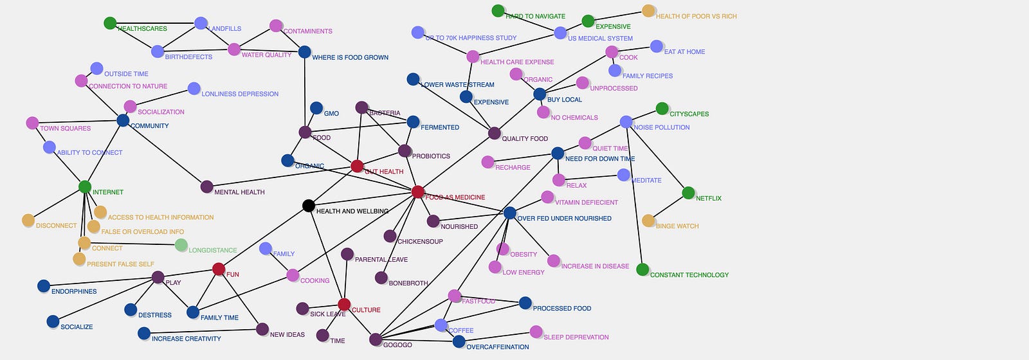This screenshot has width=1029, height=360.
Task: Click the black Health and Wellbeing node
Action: click(x=309, y=206)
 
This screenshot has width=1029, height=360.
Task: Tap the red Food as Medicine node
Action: click(x=418, y=192)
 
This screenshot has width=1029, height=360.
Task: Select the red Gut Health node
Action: click(x=358, y=166)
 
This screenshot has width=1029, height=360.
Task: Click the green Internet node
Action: click(x=85, y=187)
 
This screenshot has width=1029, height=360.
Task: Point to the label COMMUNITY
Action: click(x=149, y=126)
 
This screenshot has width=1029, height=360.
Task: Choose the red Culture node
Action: click(x=344, y=305)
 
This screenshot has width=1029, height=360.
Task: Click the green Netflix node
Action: click(x=688, y=193)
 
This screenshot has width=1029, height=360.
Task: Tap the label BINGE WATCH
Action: click(x=677, y=226)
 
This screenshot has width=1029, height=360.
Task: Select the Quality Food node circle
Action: click(x=494, y=134)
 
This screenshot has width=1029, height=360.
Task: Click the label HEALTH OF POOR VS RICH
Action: click(x=696, y=17)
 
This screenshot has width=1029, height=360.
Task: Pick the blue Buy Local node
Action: click(x=540, y=94)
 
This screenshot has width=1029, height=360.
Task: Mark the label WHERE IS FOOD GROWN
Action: click(x=350, y=58)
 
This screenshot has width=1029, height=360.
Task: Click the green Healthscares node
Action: click(x=110, y=23)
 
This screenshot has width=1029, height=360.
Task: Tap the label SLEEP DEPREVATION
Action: click(x=576, y=337)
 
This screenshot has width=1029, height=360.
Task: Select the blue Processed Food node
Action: click(x=525, y=303)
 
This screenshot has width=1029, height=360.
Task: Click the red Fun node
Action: click(x=219, y=269)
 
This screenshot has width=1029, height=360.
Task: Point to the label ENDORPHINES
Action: click(x=74, y=292)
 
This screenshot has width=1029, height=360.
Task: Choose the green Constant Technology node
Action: click(x=642, y=269)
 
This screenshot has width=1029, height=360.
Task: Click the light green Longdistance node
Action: click(x=181, y=245)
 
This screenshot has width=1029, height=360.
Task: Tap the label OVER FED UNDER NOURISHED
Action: click(x=564, y=219)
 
